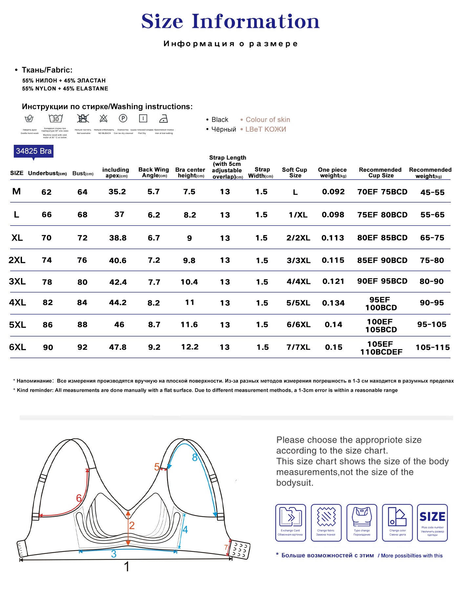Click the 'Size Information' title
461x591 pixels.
(x=230, y=21)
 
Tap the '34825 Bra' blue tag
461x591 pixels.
(x=33, y=151)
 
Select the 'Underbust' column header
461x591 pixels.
(x=47, y=173)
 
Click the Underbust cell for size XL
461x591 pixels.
(x=47, y=238)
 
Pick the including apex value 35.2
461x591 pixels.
(x=117, y=192)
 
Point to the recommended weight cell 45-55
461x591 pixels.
(x=432, y=192)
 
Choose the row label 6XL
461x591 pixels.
(x=17, y=347)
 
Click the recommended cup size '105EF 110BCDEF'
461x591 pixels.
(x=381, y=348)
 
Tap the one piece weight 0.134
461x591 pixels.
(x=333, y=303)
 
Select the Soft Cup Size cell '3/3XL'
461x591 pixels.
(x=298, y=261)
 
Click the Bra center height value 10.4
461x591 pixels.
(x=189, y=282)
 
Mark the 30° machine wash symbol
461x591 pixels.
(x=55, y=119)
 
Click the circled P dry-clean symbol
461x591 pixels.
(x=123, y=119)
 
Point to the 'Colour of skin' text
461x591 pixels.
(x=268, y=120)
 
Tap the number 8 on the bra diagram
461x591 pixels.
(x=195, y=457)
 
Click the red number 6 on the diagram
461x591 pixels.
(x=79, y=498)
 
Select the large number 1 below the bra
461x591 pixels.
(x=127, y=567)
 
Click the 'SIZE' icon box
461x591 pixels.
(x=432, y=522)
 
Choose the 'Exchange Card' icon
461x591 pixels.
(x=290, y=522)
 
